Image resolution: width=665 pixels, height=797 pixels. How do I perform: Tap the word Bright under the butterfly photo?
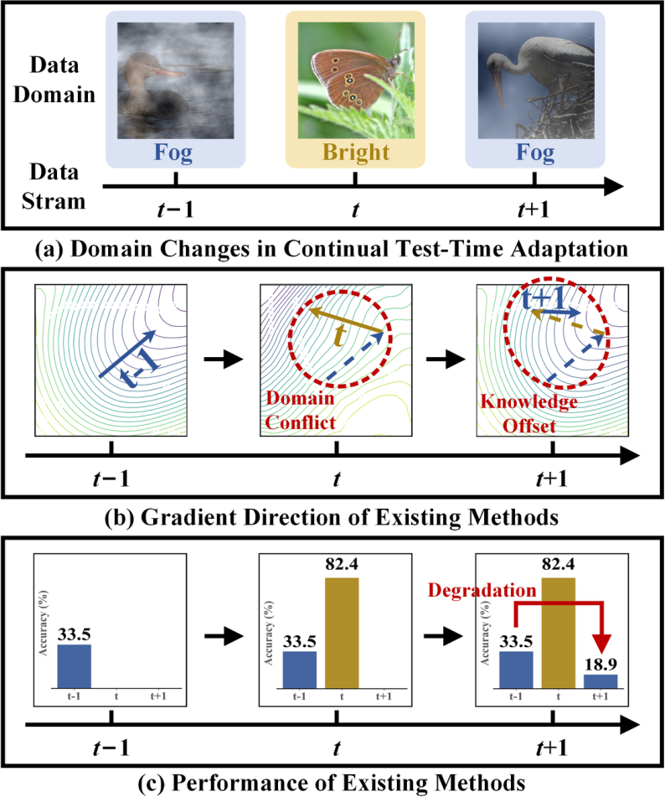tap(355, 154)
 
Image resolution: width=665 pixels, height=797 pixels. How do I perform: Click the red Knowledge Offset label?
tap(529, 413)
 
